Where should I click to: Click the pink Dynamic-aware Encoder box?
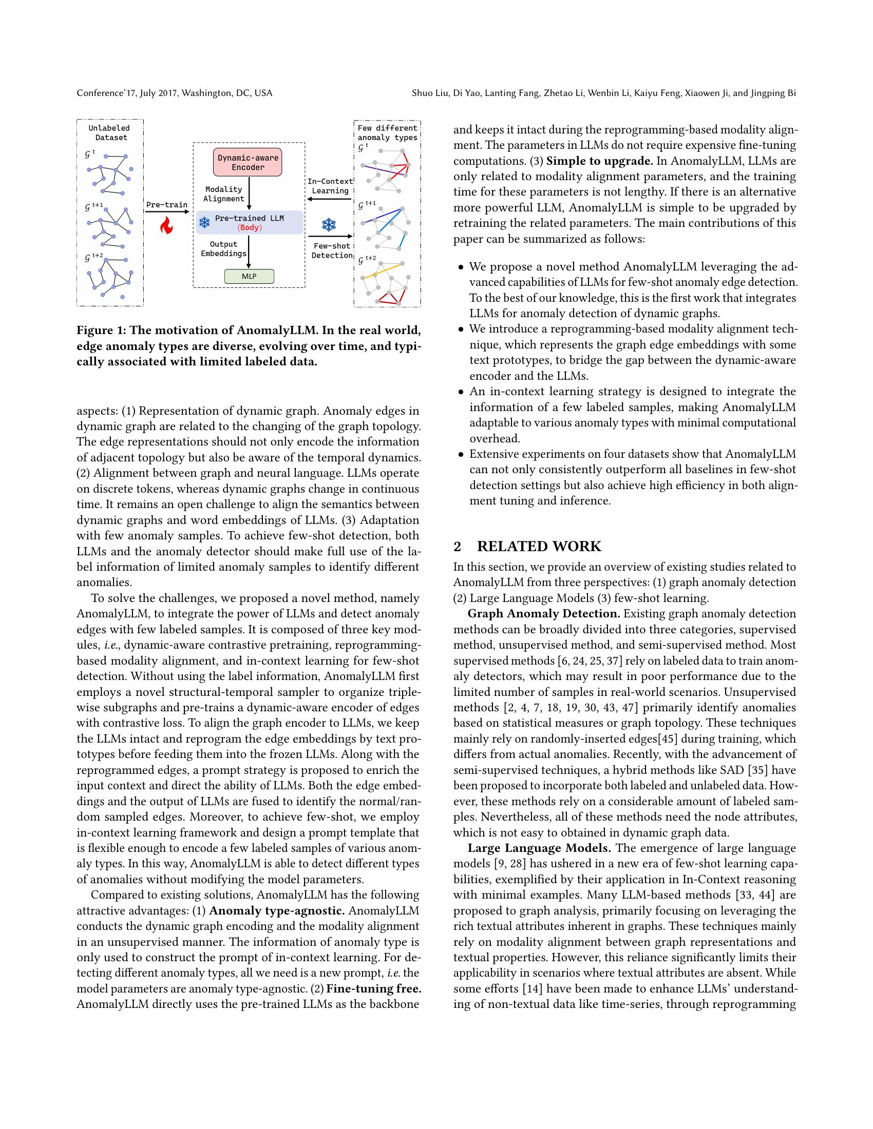(x=248, y=162)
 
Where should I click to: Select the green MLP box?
(x=249, y=276)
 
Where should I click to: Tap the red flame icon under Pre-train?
(x=166, y=225)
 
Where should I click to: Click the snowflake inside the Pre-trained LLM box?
(x=205, y=223)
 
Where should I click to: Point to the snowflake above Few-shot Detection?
(x=329, y=224)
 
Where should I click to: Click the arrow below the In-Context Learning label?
(x=330, y=200)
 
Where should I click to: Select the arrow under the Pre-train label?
(x=166, y=211)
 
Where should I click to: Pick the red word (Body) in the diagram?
(x=249, y=227)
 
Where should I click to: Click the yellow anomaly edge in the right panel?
(x=382, y=271)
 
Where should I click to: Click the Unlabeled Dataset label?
(x=110, y=133)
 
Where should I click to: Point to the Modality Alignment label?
(x=223, y=194)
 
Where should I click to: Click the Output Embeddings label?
(x=223, y=249)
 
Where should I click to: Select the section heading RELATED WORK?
(x=539, y=547)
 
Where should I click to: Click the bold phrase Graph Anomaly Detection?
(x=543, y=614)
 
